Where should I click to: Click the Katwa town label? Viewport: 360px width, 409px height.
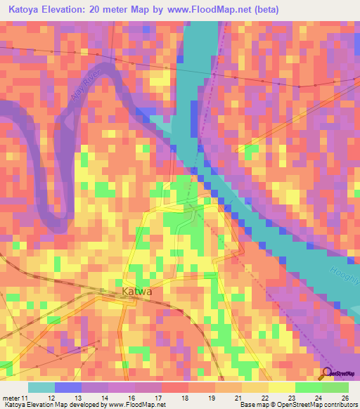(x=136, y=291)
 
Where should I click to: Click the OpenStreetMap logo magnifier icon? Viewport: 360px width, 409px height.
(x=326, y=373)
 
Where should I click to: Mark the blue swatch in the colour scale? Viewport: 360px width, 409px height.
(x=67, y=387)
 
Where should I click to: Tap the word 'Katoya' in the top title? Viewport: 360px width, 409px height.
(x=27, y=10)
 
